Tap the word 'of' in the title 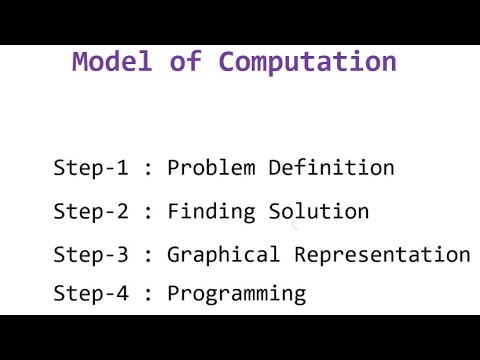point(184,61)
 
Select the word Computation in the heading point(307,62)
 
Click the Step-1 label point(91,168)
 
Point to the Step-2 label point(91,212)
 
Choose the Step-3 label point(91,255)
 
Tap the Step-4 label point(91,293)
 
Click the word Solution point(319,212)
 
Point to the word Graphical point(223,255)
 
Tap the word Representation point(382,255)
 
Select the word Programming point(236,294)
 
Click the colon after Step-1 point(149,169)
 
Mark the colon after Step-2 point(149,213)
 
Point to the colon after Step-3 point(149,256)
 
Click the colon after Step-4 point(149,294)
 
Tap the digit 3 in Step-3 point(122,255)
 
